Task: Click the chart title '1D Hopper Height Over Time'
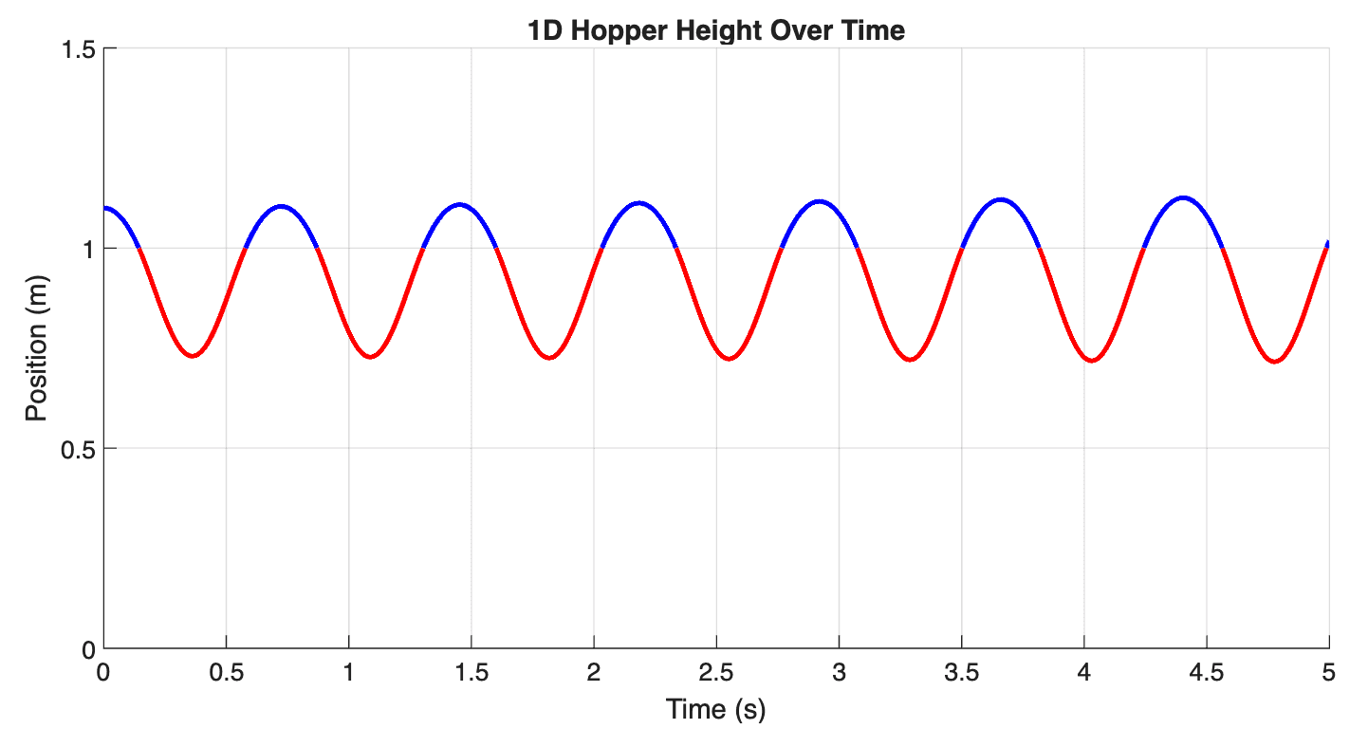[716, 30]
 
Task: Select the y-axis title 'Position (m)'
[36, 348]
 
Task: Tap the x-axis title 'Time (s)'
[715, 709]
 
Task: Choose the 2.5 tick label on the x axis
[715, 673]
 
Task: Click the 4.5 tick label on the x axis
[1206, 673]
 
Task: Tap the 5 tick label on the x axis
[1328, 673]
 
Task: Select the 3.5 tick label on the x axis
[961, 673]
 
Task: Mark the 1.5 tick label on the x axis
[471, 673]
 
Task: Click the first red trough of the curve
[193, 356]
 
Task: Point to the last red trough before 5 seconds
[1274, 362]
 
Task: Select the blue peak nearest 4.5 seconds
[1183, 197]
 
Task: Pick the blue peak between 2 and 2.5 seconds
[639, 202]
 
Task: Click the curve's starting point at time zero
[104, 208]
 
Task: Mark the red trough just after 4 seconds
[1093, 361]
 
